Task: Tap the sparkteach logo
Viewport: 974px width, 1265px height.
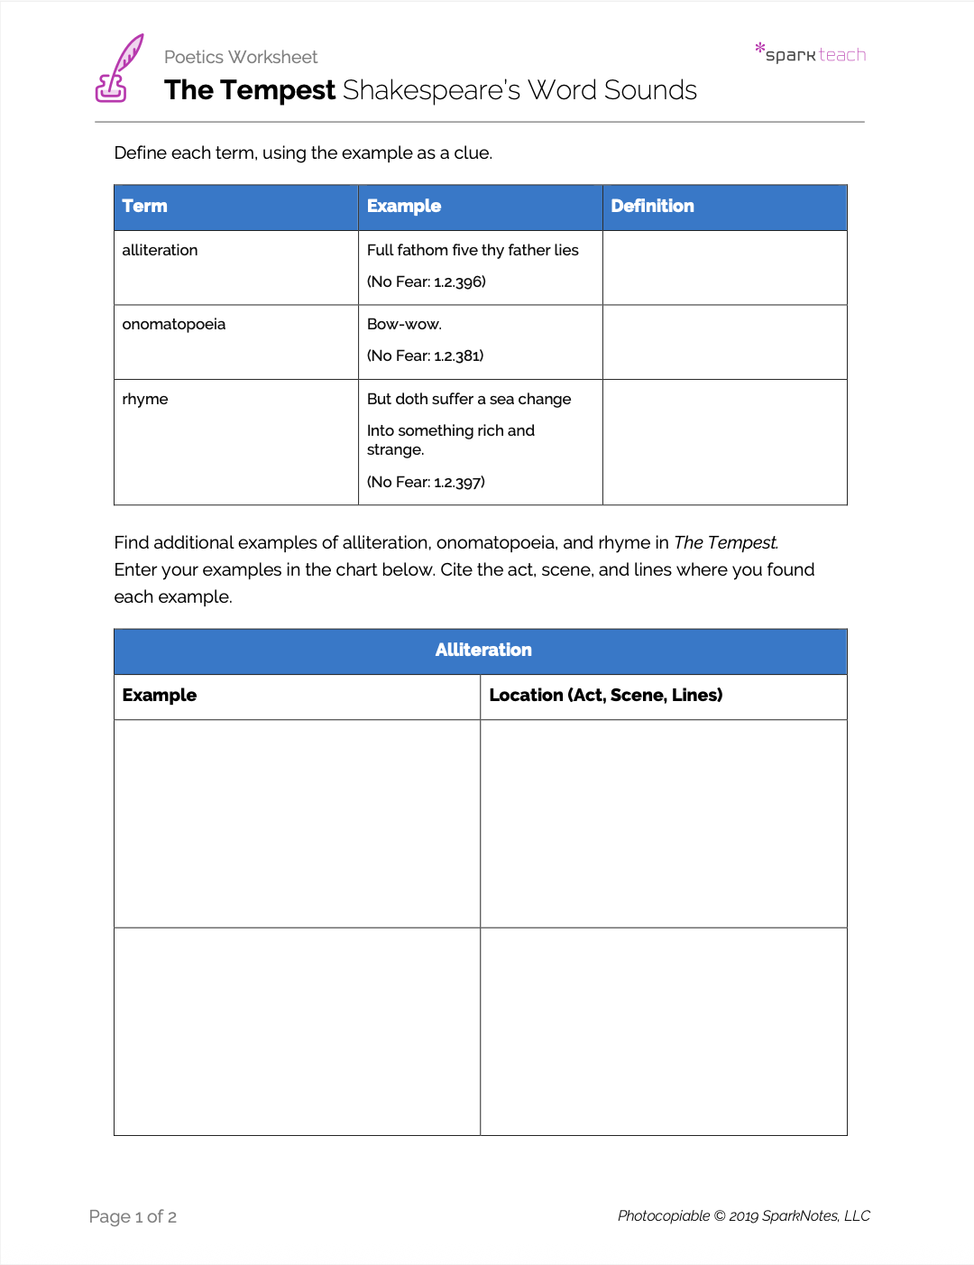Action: pyautogui.click(x=811, y=54)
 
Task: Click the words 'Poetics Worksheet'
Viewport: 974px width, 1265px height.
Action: pyautogui.click(x=241, y=57)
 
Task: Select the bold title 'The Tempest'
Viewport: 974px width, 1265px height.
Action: pyautogui.click(x=250, y=90)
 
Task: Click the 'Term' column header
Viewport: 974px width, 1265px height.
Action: pyautogui.click(x=145, y=206)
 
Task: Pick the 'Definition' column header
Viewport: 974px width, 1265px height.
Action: pyautogui.click(x=652, y=206)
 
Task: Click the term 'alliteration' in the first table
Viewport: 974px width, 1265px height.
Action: pyautogui.click(x=160, y=250)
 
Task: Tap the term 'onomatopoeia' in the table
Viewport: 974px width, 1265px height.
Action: pyautogui.click(x=174, y=324)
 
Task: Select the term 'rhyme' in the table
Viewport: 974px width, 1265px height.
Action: pyautogui.click(x=145, y=399)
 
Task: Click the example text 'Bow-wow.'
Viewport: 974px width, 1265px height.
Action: pyautogui.click(x=404, y=324)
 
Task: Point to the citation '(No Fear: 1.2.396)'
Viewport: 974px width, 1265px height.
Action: pyautogui.click(x=426, y=282)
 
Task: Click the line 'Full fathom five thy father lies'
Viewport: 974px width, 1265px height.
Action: pyautogui.click(x=473, y=250)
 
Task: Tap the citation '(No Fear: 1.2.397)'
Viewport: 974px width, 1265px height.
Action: pyautogui.click(x=426, y=482)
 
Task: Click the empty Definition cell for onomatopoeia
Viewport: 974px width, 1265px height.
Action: pyautogui.click(x=724, y=342)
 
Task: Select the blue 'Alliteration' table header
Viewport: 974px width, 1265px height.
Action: pyautogui.click(x=483, y=650)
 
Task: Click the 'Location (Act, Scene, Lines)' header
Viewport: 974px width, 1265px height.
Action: pyautogui.click(x=605, y=695)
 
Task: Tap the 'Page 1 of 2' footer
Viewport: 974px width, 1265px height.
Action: pyautogui.click(x=133, y=1216)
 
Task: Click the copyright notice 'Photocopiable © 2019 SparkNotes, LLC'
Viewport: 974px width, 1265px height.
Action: pyautogui.click(x=743, y=1215)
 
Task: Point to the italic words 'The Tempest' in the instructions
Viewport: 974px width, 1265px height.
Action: pyautogui.click(x=725, y=542)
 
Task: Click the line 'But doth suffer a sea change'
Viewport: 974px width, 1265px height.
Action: pyautogui.click(x=469, y=399)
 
